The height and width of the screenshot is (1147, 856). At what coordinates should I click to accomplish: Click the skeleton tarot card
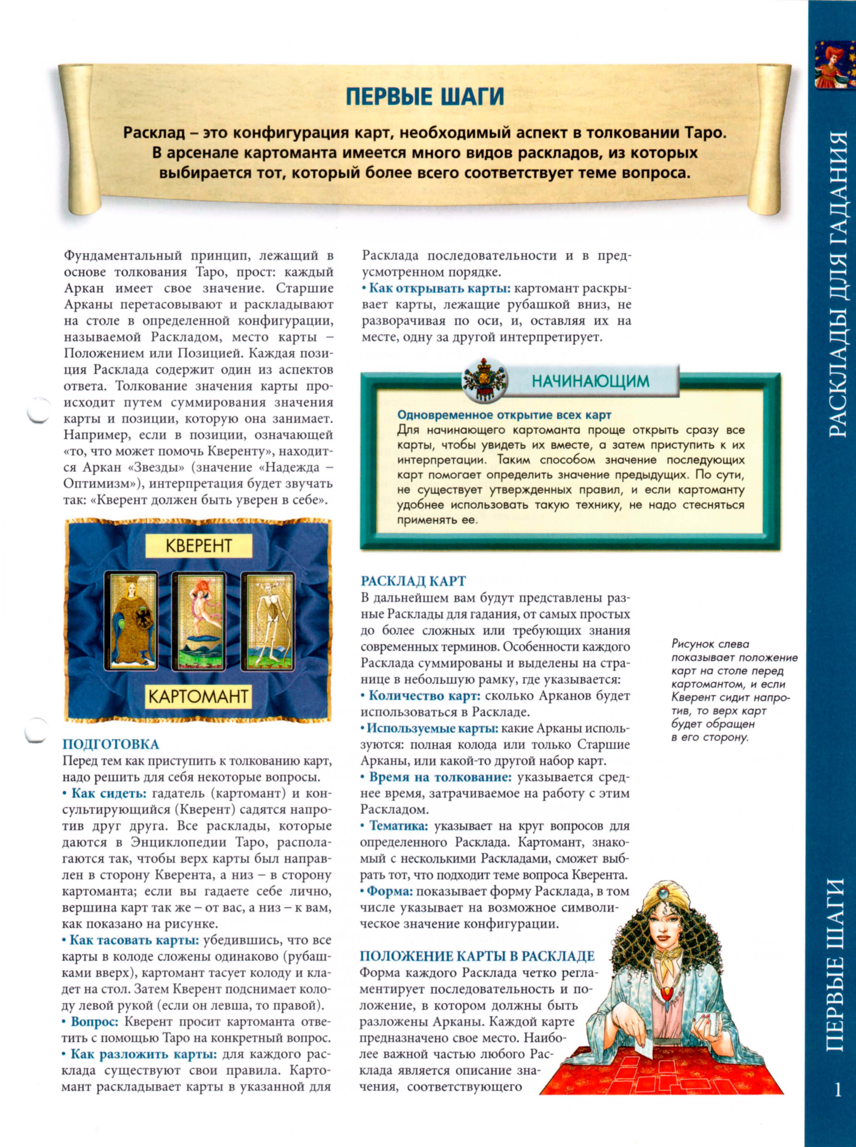268,620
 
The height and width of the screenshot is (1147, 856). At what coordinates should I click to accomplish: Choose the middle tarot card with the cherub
199,620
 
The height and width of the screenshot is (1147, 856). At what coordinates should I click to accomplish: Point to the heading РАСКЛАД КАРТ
413,581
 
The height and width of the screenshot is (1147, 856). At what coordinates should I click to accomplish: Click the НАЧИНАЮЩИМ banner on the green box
590,381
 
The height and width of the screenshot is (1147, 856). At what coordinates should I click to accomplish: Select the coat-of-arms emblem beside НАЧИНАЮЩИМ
484,380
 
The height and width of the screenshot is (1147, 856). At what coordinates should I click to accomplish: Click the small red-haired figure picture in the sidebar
834,65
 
